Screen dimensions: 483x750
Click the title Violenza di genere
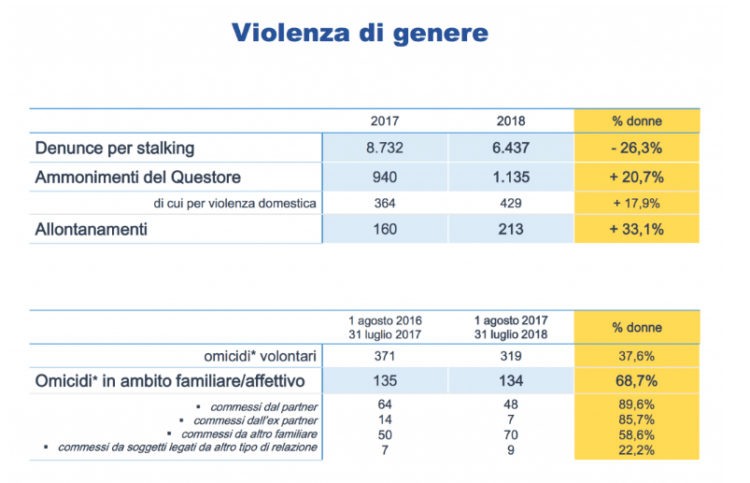360,34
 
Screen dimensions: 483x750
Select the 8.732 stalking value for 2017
386,149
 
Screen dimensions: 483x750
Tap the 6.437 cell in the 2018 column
511,149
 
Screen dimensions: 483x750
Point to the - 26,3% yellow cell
637,149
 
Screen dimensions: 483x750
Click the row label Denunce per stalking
115,149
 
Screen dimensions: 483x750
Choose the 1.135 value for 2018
511,177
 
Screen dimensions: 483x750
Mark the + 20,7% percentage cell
637,177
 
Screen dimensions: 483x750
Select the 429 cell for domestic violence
511,203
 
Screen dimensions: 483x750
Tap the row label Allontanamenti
91,229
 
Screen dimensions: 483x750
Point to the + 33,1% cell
637,229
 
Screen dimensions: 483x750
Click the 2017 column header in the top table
386,121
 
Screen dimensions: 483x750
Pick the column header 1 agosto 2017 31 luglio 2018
511,328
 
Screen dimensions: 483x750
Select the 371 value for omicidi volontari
386,355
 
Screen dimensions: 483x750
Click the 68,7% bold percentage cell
637,380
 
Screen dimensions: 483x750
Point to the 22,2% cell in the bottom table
637,448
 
